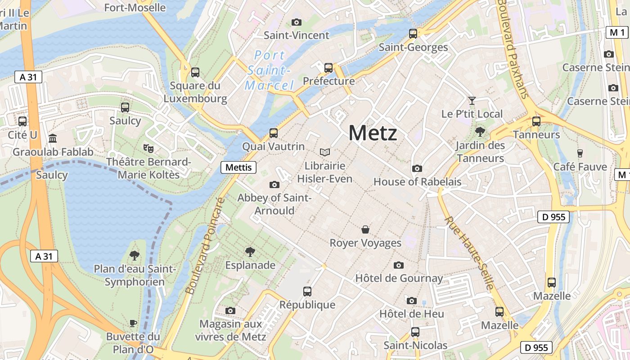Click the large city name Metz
coord(373,134)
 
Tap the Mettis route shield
coord(238,167)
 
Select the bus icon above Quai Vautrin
coord(273,133)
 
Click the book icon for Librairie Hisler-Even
coord(324,153)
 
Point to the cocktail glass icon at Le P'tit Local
coord(472,100)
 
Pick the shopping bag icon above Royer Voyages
coord(365,230)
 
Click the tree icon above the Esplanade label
coord(250,252)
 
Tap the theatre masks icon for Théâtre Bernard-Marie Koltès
coord(148,148)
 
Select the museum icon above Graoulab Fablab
coord(53,138)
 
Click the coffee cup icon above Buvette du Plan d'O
coord(133,323)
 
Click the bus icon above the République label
coord(307,292)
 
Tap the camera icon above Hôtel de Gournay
coord(399,265)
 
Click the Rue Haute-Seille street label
coord(469,253)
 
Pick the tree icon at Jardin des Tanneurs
coord(480,132)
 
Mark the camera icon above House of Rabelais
coord(417,168)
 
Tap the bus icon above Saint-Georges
coord(413,34)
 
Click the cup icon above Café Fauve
coord(580,153)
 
